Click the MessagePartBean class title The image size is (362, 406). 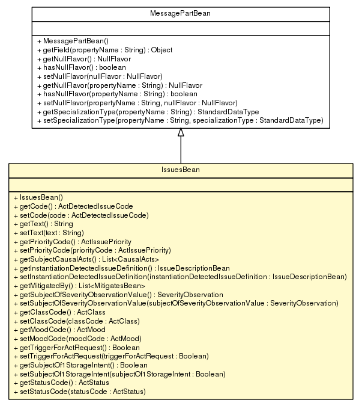(x=181, y=13)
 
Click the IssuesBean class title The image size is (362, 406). (x=181, y=170)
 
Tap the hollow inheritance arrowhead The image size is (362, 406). (x=181, y=133)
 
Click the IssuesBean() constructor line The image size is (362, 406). (x=41, y=197)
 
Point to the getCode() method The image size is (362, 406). (x=73, y=206)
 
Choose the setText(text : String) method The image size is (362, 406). (x=47, y=232)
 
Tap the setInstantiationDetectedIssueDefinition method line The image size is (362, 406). (x=179, y=276)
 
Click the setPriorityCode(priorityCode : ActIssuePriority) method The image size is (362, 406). (x=92, y=250)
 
